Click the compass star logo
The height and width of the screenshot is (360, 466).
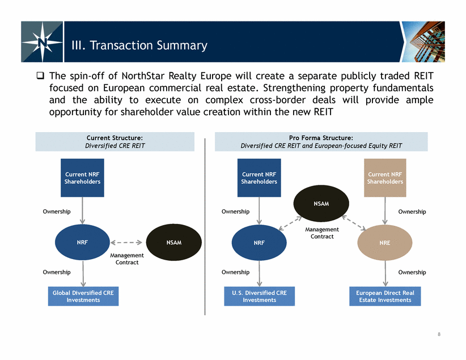[42, 42]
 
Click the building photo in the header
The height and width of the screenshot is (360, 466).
[423, 41]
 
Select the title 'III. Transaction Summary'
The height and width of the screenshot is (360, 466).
[139, 45]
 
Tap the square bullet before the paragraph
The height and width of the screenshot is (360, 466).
[40, 75]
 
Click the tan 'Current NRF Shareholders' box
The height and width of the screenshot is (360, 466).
[385, 178]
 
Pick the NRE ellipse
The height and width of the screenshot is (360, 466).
[384, 243]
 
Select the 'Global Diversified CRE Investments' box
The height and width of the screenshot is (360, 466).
[83, 296]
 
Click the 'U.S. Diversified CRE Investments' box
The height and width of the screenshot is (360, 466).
[260, 296]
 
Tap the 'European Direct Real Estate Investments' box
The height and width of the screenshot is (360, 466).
[385, 296]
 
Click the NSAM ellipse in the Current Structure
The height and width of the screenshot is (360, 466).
[174, 242]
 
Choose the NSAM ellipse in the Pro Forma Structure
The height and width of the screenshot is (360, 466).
[321, 204]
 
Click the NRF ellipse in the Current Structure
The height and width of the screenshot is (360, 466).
[82, 242]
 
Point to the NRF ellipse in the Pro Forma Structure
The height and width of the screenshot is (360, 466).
[259, 243]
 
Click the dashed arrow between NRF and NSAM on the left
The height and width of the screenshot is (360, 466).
[126, 243]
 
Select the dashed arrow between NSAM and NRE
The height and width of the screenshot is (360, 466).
[354, 223]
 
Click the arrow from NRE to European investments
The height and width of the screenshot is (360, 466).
[385, 273]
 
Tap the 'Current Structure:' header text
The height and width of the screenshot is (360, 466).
[115, 138]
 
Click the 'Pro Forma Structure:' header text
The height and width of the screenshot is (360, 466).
[321, 138]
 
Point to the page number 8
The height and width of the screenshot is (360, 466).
[439, 334]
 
